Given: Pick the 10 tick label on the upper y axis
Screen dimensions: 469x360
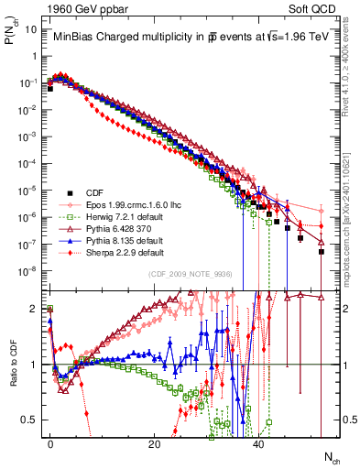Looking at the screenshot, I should click(30, 28).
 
